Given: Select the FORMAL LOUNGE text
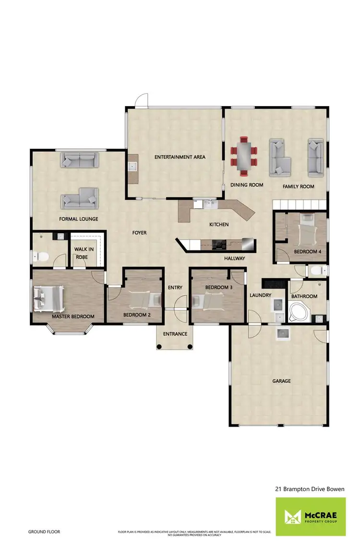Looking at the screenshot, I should [79, 219].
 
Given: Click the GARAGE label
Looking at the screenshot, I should [281, 381].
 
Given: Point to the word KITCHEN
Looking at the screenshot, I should [219, 225].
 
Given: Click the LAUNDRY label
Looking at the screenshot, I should [261, 295].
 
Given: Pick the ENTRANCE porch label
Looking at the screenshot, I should [175, 334].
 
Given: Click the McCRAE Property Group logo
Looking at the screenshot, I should [310, 517].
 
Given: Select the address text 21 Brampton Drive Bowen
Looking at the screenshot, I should [310, 489].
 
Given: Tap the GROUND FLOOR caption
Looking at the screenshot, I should [44, 532].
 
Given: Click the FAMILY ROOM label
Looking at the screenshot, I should [298, 186].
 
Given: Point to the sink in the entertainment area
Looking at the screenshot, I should [132, 167].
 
